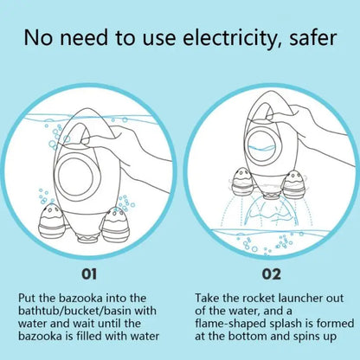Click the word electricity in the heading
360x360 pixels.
[x=230, y=38]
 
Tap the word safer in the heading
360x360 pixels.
[x=312, y=38]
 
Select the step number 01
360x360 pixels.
[x=89, y=273]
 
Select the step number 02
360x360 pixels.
[x=271, y=273]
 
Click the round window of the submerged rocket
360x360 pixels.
[x=75, y=176]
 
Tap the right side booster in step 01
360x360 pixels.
[x=115, y=226]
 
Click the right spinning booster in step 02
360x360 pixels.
[x=294, y=183]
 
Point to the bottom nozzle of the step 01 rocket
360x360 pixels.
[x=87, y=238]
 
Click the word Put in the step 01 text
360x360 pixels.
[x=27, y=298]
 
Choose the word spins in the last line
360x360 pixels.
[x=305, y=337]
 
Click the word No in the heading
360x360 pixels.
[x=38, y=38]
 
